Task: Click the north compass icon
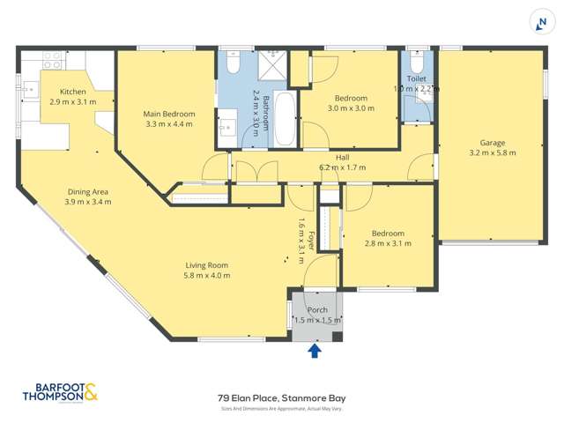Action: coord(540,23)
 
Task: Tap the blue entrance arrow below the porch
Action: coord(315,352)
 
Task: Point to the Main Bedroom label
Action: coord(169,114)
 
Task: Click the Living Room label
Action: coord(207,264)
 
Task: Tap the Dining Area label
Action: coord(88,191)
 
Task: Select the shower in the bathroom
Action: coord(278,65)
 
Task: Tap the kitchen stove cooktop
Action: coord(53,60)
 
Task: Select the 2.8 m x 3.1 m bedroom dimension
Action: coord(389,243)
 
